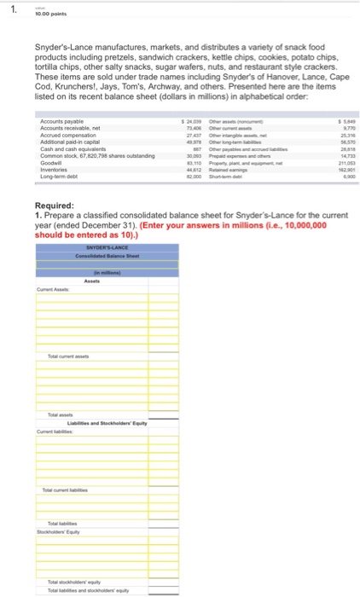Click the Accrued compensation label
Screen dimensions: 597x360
67,138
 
